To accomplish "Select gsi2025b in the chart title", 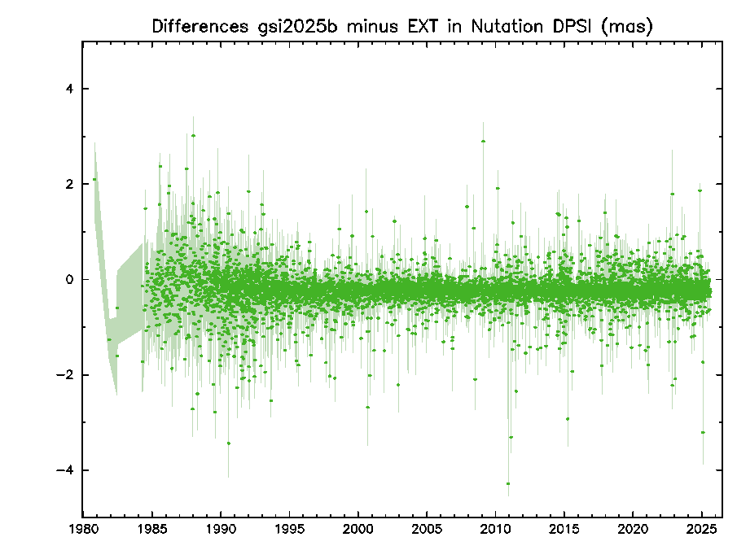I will point(301,26).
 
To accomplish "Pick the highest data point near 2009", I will point(484,141).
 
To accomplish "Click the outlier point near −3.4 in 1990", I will point(228,443).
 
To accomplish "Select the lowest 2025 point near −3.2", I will point(703,432).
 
